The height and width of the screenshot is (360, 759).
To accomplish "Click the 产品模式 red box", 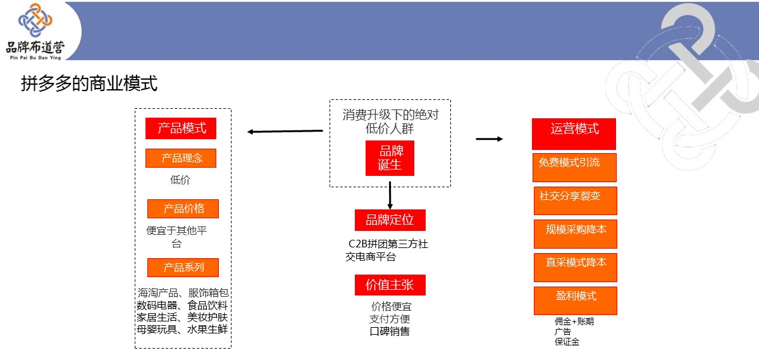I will [181, 128].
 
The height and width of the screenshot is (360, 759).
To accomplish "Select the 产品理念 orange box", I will [181, 158].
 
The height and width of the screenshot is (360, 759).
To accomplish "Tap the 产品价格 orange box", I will [183, 209].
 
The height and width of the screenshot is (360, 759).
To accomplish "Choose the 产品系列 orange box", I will [183, 268].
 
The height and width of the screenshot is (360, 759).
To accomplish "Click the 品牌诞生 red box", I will [390, 158].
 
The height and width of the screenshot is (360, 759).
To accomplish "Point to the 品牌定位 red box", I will [390, 220].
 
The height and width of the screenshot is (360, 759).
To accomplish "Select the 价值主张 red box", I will [390, 285].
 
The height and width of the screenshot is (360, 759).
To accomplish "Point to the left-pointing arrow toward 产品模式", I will [285, 132].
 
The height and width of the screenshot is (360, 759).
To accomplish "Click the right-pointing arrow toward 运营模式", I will [489, 139].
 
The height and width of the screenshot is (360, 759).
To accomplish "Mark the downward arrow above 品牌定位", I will [390, 196].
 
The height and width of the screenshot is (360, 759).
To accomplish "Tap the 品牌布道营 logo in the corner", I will [35, 31].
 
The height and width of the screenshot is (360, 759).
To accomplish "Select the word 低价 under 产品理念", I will [180, 180].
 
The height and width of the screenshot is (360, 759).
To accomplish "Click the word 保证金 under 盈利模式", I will [567, 342].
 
